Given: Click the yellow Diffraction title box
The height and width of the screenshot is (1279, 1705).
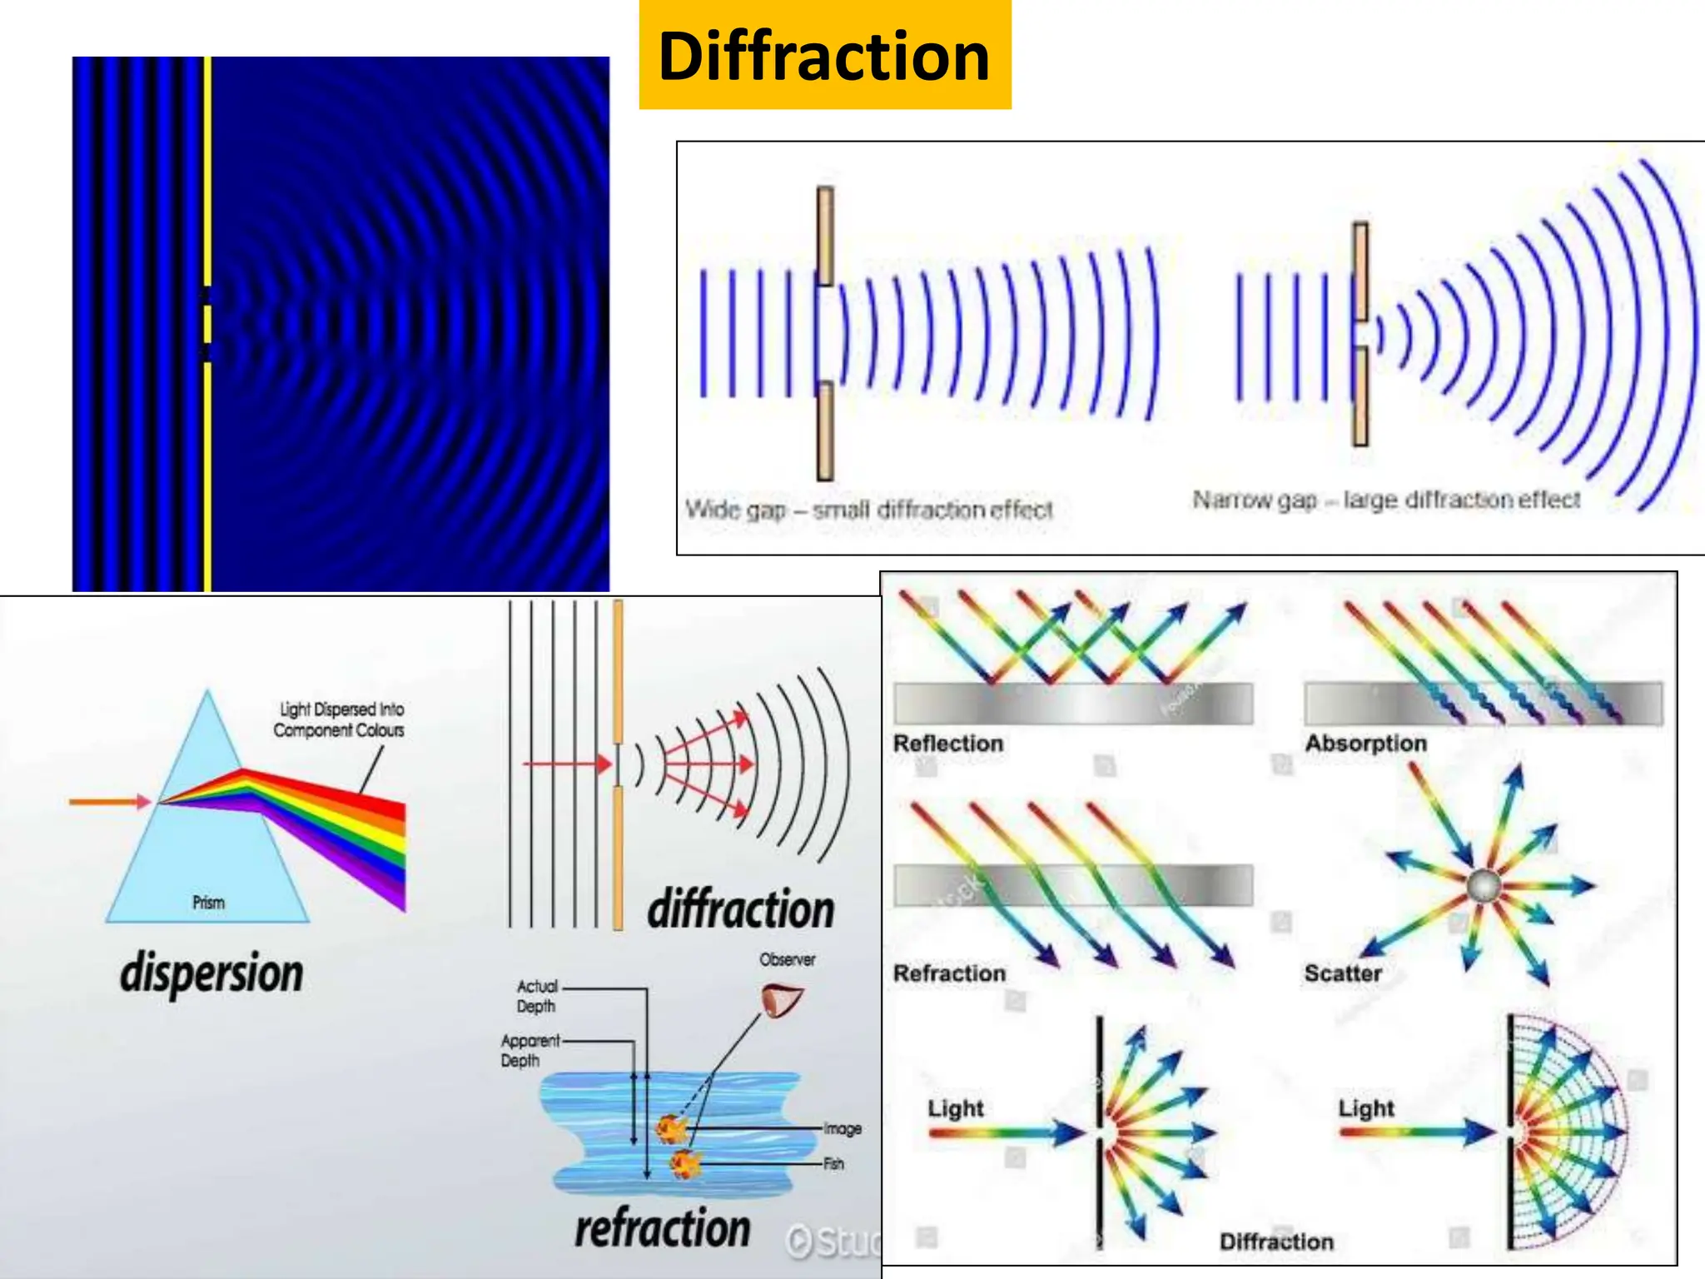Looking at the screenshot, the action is click(824, 55).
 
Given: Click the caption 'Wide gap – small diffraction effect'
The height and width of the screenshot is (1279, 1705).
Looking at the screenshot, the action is click(868, 510).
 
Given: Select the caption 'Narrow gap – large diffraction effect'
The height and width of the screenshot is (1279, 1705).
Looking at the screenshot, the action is click(1386, 500).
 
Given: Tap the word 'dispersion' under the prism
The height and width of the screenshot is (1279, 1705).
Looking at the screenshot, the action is click(211, 973).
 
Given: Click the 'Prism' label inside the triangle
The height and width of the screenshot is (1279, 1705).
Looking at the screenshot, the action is click(208, 903).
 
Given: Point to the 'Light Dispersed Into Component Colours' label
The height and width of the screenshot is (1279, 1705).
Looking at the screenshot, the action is click(339, 719).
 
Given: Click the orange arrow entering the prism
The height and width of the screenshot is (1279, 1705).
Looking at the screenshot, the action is click(109, 802).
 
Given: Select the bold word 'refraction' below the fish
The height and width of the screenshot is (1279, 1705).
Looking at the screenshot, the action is click(663, 1229).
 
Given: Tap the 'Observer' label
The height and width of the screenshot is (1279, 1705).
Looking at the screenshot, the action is click(787, 959).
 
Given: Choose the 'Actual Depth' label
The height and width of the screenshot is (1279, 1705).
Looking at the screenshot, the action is click(536, 996).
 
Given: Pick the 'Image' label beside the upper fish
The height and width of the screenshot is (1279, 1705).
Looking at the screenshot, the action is click(842, 1129).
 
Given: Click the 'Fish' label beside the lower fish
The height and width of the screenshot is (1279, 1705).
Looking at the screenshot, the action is click(833, 1164).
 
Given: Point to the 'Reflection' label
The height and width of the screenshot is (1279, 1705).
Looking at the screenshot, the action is click(948, 743).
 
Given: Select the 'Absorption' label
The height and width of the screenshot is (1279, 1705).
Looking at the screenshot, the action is click(1365, 743).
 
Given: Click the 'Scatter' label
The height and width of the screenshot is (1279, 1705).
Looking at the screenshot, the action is click(1343, 973).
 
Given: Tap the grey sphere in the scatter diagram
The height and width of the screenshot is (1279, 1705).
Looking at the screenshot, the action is click(1483, 886).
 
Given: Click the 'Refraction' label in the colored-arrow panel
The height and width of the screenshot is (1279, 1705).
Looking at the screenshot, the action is click(949, 973).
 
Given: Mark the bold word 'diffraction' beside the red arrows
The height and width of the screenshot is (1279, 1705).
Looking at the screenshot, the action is click(741, 908).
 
